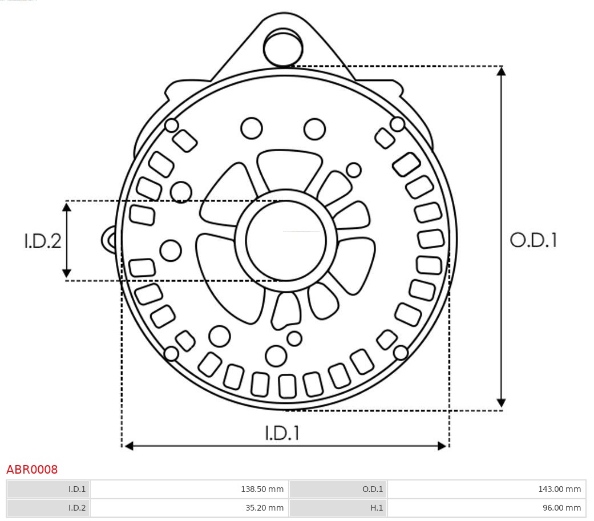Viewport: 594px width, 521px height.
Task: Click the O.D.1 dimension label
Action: coord(533,240)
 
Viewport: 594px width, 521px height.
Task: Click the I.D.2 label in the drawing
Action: coord(42,241)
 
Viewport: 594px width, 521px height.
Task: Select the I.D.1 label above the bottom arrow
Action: coord(282,433)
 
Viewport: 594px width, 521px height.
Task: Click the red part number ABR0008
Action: coord(32,470)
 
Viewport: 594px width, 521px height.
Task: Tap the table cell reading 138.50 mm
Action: coord(189,489)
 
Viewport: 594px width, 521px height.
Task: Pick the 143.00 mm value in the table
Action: coord(486,489)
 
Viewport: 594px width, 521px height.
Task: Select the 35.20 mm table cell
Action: coord(189,507)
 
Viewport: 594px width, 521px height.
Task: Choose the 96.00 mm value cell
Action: coord(486,507)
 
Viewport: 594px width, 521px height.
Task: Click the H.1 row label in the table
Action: coord(338,507)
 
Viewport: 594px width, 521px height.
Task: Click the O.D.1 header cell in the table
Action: coord(338,489)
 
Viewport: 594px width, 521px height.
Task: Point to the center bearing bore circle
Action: coord(285,240)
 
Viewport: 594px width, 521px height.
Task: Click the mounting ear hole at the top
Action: coord(283,48)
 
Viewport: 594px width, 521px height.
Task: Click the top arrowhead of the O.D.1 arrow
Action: coord(501,71)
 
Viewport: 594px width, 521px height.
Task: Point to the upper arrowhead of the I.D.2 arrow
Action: coord(67,207)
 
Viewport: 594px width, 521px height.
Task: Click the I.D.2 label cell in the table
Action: coord(49,507)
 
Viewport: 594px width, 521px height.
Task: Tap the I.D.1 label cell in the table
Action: coord(49,489)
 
